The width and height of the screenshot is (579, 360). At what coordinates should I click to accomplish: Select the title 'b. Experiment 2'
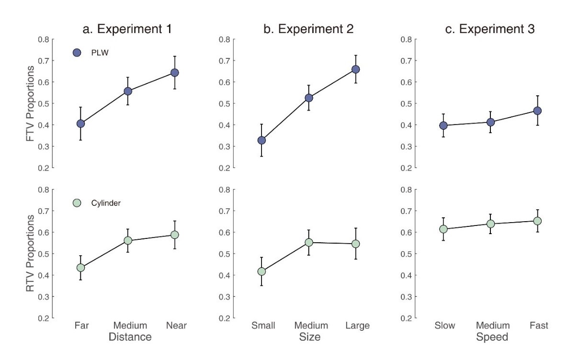[x=309, y=29]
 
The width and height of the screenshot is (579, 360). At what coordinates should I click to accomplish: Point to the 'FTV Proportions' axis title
[x=30, y=103]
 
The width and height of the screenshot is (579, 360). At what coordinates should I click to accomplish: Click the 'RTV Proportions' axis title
[x=30, y=253]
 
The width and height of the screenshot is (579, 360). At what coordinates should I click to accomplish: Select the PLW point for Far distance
[x=80, y=124]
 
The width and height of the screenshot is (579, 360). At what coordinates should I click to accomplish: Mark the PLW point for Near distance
[x=175, y=73]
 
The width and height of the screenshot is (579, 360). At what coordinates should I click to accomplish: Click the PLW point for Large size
[x=356, y=69]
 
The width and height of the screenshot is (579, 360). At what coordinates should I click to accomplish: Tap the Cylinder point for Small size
[x=261, y=271]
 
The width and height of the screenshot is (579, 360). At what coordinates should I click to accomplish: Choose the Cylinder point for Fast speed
[x=537, y=221]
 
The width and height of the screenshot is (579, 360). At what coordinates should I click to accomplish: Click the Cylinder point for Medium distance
[x=128, y=240]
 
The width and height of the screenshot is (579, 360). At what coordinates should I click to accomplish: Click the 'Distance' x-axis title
[x=130, y=337]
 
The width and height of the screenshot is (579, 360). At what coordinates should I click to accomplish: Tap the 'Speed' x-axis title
[x=492, y=337]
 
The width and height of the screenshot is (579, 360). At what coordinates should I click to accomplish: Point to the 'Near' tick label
[x=176, y=326]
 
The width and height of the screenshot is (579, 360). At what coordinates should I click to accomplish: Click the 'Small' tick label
[x=263, y=326]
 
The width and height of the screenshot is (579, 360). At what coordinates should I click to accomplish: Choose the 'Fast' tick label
[x=539, y=326]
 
